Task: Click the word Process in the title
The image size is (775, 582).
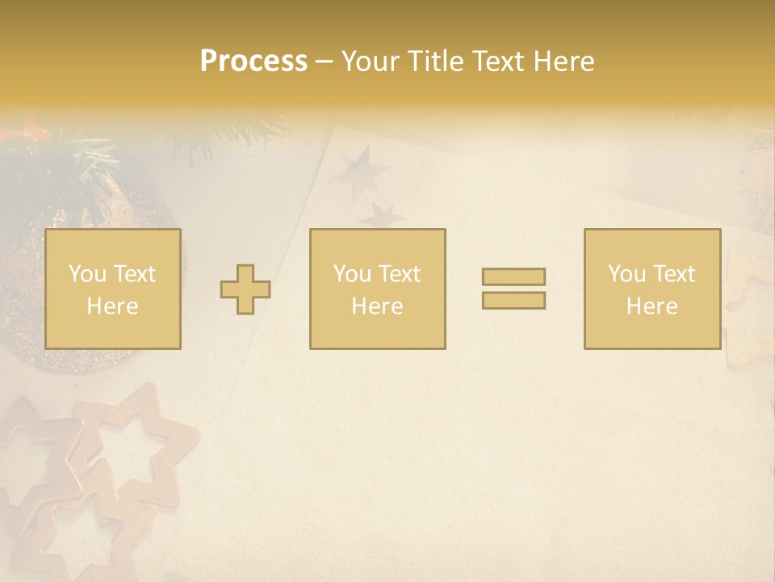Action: tap(253, 61)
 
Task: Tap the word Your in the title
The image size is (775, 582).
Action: tap(366, 61)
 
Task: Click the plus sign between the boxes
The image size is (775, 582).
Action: tap(245, 289)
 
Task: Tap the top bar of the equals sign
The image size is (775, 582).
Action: tap(513, 276)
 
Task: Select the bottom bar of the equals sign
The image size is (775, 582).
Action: tap(513, 300)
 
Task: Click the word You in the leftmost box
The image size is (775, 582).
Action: tap(87, 274)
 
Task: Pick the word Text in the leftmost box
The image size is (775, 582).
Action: tap(133, 274)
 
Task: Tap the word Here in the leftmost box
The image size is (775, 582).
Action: tap(112, 306)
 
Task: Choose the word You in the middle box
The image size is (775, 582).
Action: tap(352, 274)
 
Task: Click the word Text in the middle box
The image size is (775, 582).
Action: tap(398, 274)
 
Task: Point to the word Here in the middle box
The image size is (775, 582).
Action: tap(377, 306)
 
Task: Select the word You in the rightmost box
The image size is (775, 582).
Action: tap(626, 274)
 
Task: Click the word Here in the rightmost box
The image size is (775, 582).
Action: tap(651, 306)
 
